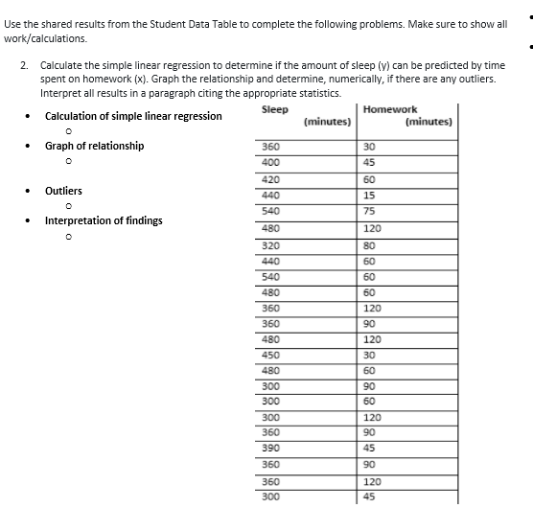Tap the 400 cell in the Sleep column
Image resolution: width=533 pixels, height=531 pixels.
tap(270, 162)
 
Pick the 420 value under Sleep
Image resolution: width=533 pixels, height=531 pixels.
tap(270, 179)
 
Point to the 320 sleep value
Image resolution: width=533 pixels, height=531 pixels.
tap(270, 244)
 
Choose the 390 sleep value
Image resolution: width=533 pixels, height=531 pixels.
tap(270, 449)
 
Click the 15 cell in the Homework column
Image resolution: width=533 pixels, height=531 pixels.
tap(370, 196)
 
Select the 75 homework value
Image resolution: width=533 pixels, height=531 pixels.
tap(370, 212)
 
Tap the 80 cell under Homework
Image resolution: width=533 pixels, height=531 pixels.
tap(370, 244)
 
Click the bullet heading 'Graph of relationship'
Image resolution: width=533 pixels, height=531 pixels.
tap(94, 146)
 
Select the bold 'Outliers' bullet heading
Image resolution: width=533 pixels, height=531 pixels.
tap(63, 191)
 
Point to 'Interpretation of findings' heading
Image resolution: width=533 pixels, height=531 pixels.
tap(104, 220)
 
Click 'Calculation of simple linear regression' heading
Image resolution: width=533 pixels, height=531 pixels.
tap(132, 116)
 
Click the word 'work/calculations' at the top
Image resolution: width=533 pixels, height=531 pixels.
tap(46, 38)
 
